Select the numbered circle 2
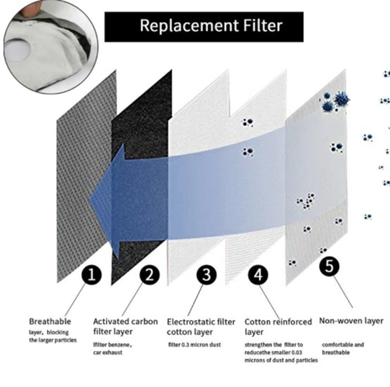(149, 275)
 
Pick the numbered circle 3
(206, 275)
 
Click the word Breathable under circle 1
(50, 321)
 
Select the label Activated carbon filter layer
(125, 326)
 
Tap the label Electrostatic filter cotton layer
(201, 327)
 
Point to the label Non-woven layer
(351, 321)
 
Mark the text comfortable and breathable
(343, 348)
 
